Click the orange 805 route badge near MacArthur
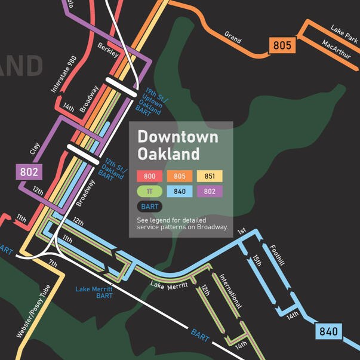[x=282, y=45]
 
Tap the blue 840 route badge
[x=328, y=331]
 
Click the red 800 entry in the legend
[x=149, y=176]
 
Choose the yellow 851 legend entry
[x=210, y=176]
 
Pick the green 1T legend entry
[x=149, y=192]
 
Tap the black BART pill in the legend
[x=149, y=207]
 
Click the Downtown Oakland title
[x=177, y=145]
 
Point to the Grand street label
[x=233, y=37]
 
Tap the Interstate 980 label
[x=64, y=75]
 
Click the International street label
[x=230, y=291]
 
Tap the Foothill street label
[x=276, y=255]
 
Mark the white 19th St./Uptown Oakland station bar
[x=124, y=85]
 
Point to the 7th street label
[x=53, y=263]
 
